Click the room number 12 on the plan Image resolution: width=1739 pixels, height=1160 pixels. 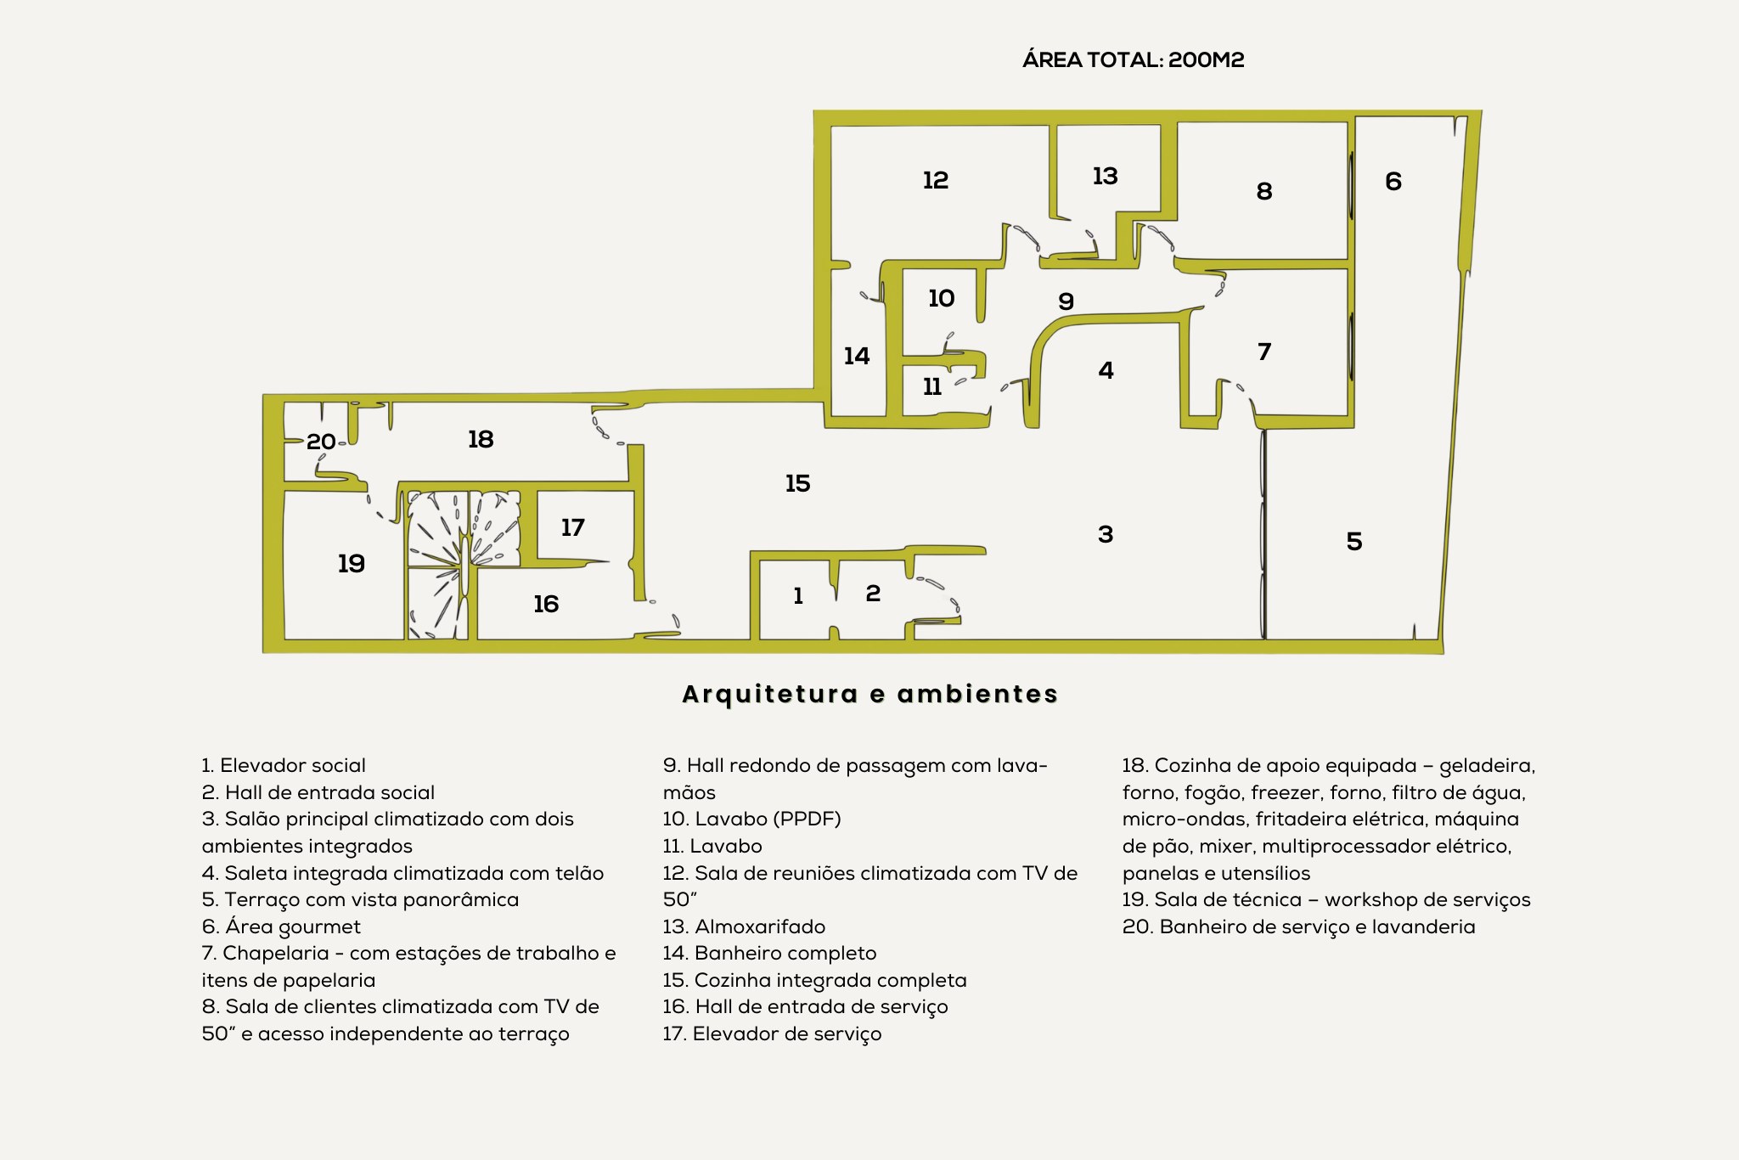935,180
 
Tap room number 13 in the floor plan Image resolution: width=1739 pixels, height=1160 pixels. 1105,176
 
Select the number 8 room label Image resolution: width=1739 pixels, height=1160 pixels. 1264,191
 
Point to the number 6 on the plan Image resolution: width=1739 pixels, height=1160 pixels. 1393,181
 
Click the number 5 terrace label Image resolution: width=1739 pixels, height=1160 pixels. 1354,541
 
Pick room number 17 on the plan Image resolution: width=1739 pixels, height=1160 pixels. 572,527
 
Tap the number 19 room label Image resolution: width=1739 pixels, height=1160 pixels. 352,563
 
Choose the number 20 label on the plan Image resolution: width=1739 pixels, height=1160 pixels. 321,442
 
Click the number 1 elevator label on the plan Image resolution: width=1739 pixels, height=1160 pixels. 798,596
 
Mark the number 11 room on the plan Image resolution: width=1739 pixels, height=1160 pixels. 932,387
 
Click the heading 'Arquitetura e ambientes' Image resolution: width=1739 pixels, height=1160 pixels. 870,694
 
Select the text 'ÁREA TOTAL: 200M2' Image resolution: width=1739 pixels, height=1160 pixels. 1134,59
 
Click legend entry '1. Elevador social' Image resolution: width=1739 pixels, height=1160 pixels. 284,765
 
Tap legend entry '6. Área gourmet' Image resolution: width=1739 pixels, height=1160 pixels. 281,926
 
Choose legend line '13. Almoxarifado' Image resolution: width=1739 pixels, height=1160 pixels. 744,926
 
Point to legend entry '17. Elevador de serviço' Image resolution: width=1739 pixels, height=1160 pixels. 772,1033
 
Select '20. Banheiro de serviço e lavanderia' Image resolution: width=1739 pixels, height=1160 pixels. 1299,926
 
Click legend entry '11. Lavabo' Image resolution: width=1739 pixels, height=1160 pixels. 712,846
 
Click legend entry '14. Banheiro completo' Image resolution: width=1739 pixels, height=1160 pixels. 769,953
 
